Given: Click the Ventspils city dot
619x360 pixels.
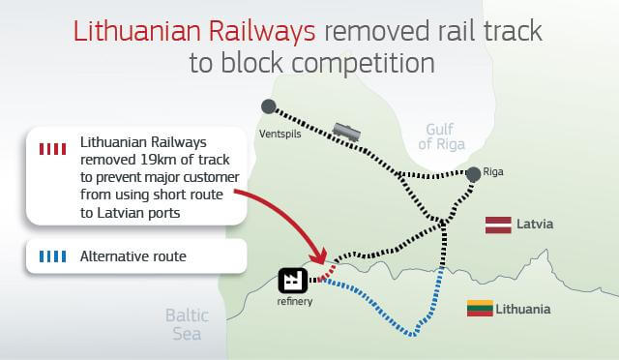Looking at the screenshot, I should (268, 105).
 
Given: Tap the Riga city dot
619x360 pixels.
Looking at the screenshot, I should (473, 174).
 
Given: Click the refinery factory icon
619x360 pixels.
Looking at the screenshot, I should (292, 281).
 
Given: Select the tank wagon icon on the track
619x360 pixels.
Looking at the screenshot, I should (346, 132).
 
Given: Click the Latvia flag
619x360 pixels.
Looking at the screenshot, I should (497, 225).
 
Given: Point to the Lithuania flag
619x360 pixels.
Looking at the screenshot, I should (480, 309).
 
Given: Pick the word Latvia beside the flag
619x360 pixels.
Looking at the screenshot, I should (534, 225).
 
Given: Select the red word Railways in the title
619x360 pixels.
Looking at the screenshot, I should (265, 30).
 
